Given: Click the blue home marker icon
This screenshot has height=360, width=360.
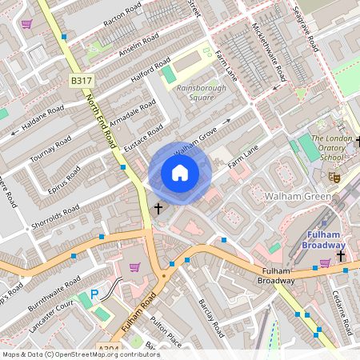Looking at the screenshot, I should click(x=180, y=173).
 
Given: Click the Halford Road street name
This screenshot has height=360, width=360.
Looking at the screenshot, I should click(x=151, y=70).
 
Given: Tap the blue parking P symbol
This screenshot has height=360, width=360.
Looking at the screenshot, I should click(x=94, y=294).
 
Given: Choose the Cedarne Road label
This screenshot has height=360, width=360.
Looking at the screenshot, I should click(x=342, y=312).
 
